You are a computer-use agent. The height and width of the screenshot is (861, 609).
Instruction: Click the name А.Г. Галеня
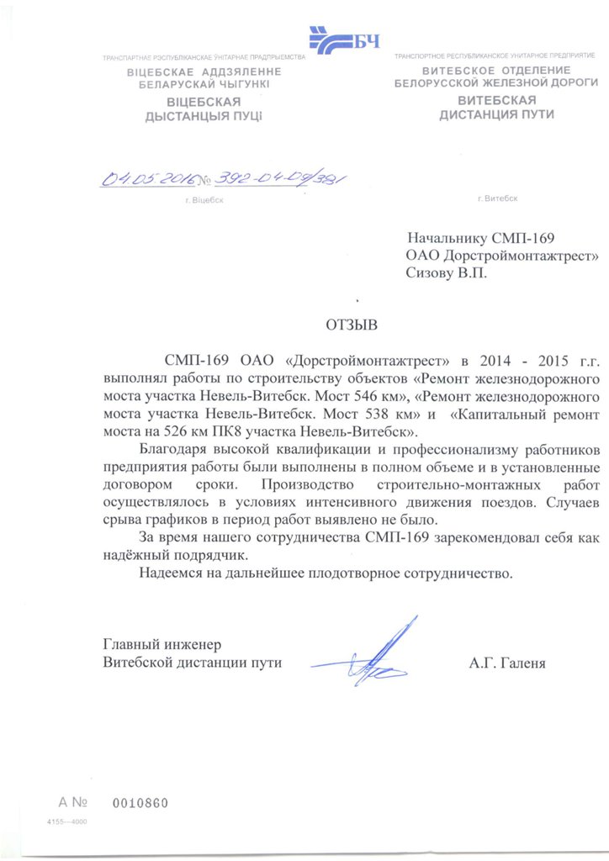pos(507,663)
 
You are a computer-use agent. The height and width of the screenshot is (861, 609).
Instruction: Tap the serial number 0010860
pos(140,803)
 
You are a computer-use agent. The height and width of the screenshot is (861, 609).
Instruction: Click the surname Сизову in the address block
pos(429,272)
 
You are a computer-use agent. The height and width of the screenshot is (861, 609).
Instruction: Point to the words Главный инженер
pos(162,644)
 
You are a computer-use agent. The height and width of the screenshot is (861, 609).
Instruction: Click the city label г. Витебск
pos(497,199)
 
